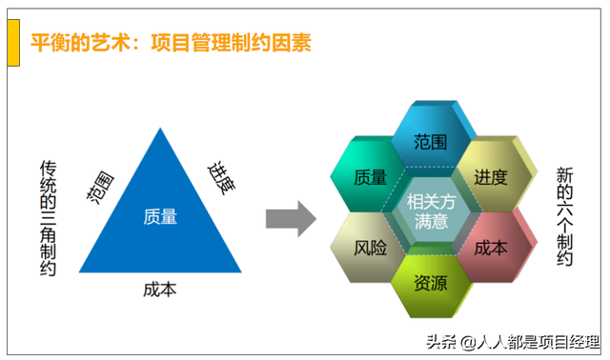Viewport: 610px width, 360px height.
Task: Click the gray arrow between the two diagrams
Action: (x=290, y=218)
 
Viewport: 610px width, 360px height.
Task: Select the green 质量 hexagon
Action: (x=369, y=177)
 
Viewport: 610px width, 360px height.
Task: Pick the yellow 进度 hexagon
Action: (x=490, y=177)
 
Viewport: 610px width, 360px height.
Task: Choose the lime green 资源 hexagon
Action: (x=430, y=282)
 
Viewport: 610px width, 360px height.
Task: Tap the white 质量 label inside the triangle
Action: (x=159, y=216)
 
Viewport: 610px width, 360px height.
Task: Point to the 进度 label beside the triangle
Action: (x=220, y=177)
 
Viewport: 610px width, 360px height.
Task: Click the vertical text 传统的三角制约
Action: (x=49, y=217)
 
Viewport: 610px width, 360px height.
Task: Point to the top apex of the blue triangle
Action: (x=159, y=127)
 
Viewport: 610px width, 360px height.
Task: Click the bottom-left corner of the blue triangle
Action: (x=81, y=272)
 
